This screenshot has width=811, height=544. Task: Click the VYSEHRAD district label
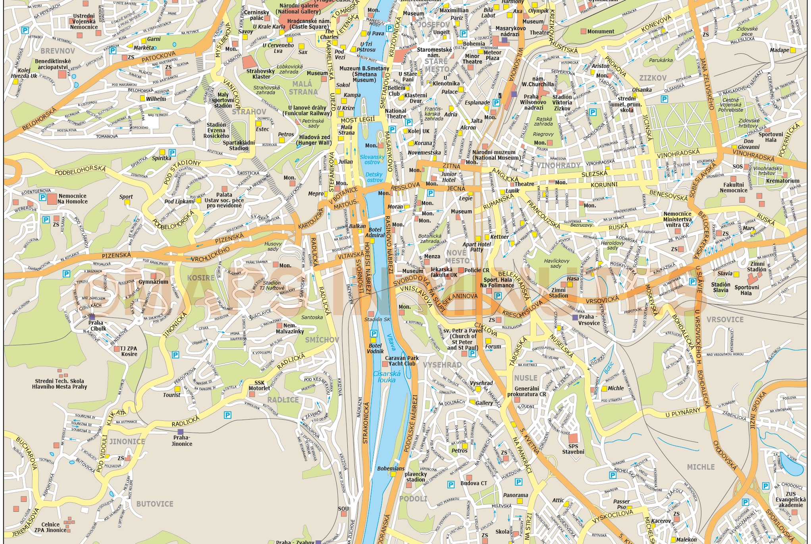[442, 365]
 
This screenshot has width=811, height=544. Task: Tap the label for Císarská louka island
[387, 377]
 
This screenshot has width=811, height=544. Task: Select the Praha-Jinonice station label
[181, 440]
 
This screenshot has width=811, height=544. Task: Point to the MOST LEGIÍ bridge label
[357, 120]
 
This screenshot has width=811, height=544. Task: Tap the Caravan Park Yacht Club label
[402, 361]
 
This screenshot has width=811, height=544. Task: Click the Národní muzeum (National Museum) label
[494, 155]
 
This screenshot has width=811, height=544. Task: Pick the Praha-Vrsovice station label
[589, 320]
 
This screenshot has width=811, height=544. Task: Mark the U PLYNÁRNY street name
[683, 413]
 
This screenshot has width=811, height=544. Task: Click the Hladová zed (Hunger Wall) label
[314, 140]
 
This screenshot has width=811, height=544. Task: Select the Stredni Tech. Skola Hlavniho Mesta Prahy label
[60, 383]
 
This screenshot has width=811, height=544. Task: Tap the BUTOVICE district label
[154, 504]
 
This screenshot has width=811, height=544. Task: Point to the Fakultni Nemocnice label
[733, 188]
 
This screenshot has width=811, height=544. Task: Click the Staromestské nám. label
[434, 52]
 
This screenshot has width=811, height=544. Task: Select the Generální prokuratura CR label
[526, 391]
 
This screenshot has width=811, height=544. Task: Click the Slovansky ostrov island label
[372, 159]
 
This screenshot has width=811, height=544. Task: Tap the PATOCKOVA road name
[158, 56]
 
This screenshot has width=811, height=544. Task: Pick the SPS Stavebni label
[573, 449]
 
